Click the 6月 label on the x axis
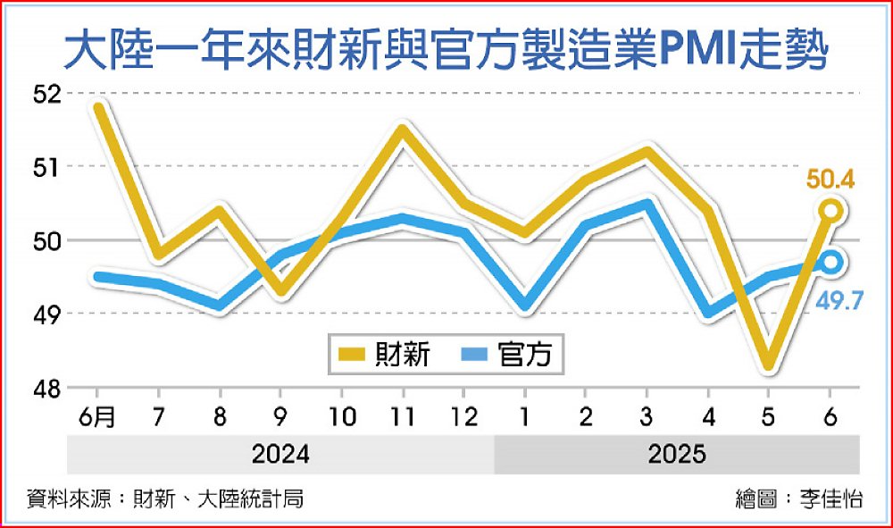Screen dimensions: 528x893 [x=98, y=416]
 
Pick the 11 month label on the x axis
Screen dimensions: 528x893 [x=402, y=416]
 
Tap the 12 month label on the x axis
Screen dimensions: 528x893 [x=463, y=416]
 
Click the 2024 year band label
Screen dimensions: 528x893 [x=280, y=454]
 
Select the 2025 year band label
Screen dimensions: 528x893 [x=677, y=454]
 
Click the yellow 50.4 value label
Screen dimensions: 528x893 [x=830, y=181]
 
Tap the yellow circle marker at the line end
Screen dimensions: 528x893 [x=830, y=211]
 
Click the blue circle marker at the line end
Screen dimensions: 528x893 [x=830, y=262]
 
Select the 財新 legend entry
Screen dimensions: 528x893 [x=384, y=355]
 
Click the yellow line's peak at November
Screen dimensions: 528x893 [x=402, y=130]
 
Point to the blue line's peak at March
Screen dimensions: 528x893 [x=647, y=204]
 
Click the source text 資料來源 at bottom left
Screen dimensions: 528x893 [x=165, y=499]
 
